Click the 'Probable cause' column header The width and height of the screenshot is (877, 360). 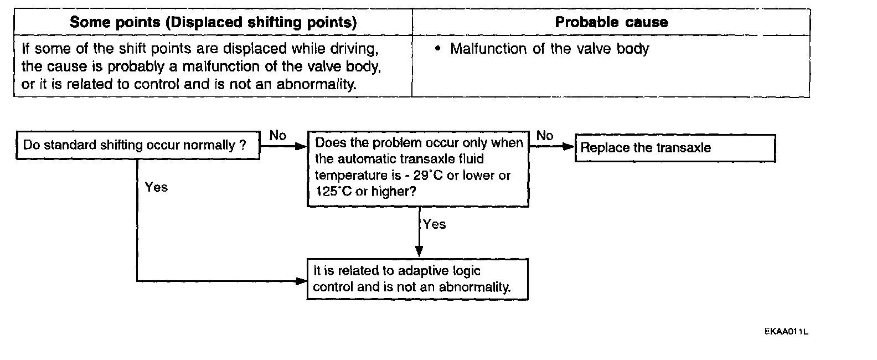click(611, 22)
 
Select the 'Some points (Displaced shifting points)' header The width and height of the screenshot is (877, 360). click(213, 22)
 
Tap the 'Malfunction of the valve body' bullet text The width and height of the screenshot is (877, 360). click(549, 49)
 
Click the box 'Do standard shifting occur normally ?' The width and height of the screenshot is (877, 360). click(138, 146)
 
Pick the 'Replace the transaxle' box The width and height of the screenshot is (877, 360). click(675, 148)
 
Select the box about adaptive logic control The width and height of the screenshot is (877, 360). click(417, 279)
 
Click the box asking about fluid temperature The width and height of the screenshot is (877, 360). click(418, 167)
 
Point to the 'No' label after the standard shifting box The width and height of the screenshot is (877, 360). click(277, 136)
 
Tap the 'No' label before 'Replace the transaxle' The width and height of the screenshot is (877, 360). click(545, 136)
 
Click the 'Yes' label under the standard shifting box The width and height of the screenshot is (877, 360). click(156, 187)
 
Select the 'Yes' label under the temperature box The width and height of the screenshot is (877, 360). click(434, 224)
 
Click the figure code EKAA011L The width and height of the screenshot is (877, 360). click(786, 332)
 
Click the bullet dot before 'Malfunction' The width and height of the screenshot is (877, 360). click(438, 49)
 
